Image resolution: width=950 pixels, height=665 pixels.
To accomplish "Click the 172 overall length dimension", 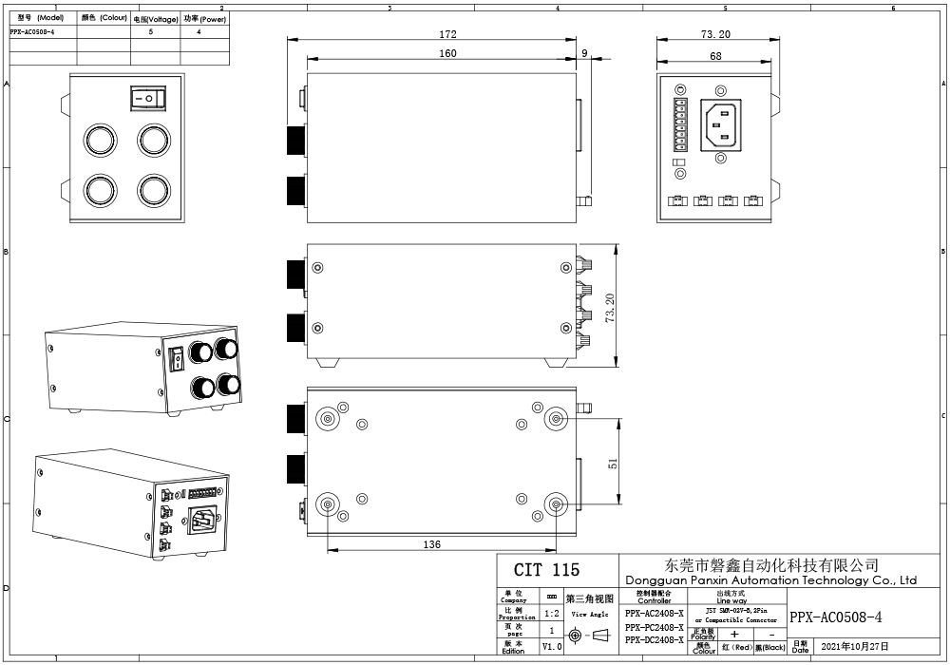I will (x=447, y=34).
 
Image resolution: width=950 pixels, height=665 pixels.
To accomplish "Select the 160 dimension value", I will (x=447, y=53).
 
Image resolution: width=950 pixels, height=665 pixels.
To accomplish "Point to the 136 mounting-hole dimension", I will (x=431, y=544).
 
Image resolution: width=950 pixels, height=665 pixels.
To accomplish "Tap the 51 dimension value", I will (x=613, y=463).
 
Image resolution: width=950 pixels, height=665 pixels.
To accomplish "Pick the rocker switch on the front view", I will (x=146, y=98).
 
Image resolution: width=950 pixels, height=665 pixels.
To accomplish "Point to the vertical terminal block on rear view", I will (x=678, y=125).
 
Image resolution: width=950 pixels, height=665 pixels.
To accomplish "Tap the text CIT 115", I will (x=545, y=570).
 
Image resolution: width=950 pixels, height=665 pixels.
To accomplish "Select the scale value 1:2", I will (x=552, y=614).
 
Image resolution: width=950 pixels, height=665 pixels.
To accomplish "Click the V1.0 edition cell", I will (x=552, y=646).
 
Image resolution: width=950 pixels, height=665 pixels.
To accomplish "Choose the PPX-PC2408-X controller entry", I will (x=654, y=627).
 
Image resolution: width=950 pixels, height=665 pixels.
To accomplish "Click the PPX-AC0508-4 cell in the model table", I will (x=44, y=31).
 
